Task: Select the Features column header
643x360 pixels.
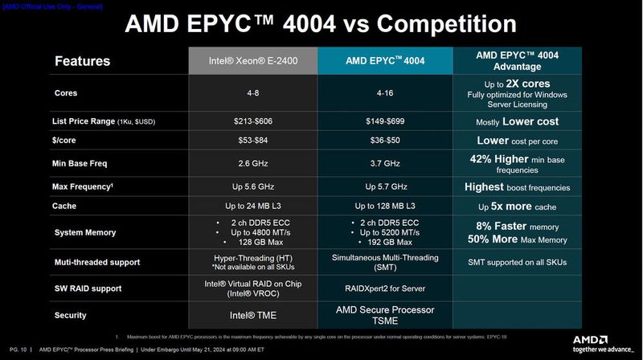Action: [82, 61]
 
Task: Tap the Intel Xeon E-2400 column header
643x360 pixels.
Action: [252, 61]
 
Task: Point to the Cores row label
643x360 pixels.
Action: [66, 92]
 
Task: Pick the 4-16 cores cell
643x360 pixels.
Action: [385, 92]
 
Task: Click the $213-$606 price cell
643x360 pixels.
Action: [252, 121]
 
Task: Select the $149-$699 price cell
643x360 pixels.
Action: [385, 121]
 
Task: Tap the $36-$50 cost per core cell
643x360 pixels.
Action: [385, 141]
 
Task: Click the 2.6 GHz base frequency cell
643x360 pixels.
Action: [252, 164]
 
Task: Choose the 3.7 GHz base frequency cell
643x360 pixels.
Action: [385, 164]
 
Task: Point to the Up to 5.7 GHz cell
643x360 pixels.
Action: [385, 187]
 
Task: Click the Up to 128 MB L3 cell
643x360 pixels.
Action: [385, 207]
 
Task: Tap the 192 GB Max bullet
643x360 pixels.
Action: [389, 242]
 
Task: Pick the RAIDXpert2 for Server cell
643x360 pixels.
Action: [385, 288]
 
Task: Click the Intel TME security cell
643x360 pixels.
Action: [252, 315]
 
